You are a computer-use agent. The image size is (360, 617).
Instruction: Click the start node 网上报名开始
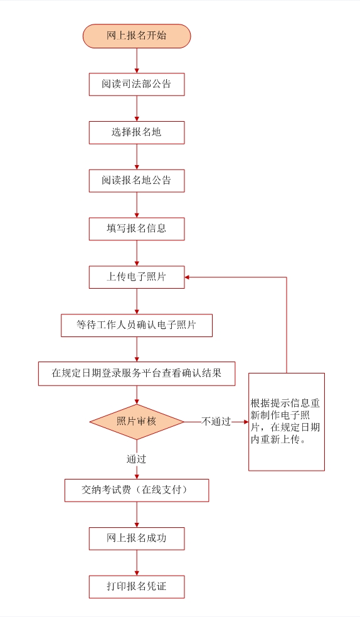137,36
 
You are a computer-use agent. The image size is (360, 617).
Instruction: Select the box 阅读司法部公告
137,84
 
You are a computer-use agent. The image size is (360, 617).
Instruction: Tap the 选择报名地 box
137,132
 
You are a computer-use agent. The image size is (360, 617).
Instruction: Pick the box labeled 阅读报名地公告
137,181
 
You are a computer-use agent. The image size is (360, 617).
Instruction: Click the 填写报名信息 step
137,229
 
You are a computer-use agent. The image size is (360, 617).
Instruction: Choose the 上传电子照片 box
137,277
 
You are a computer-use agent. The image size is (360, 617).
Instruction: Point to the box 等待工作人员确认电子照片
137,325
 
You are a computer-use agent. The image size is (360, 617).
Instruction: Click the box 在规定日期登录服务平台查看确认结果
137,373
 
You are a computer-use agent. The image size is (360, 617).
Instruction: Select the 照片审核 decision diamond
137,422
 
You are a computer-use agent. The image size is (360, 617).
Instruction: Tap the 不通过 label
216,421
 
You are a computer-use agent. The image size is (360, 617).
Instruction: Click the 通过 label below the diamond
136,459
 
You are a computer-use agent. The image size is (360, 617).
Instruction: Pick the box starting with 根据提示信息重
287,422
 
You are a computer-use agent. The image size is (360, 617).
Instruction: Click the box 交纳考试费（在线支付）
137,490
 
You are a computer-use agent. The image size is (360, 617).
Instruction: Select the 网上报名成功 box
137,539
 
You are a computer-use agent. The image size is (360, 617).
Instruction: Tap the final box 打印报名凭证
137,587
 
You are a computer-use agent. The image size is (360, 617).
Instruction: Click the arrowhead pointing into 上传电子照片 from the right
187,277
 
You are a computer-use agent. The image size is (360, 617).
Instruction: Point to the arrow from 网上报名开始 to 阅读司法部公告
137,61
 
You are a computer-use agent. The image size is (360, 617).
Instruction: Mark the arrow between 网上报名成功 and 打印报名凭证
137,563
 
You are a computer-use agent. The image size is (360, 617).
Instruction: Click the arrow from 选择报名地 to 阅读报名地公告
137,157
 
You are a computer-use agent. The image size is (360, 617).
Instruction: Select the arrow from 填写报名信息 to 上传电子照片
137,254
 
